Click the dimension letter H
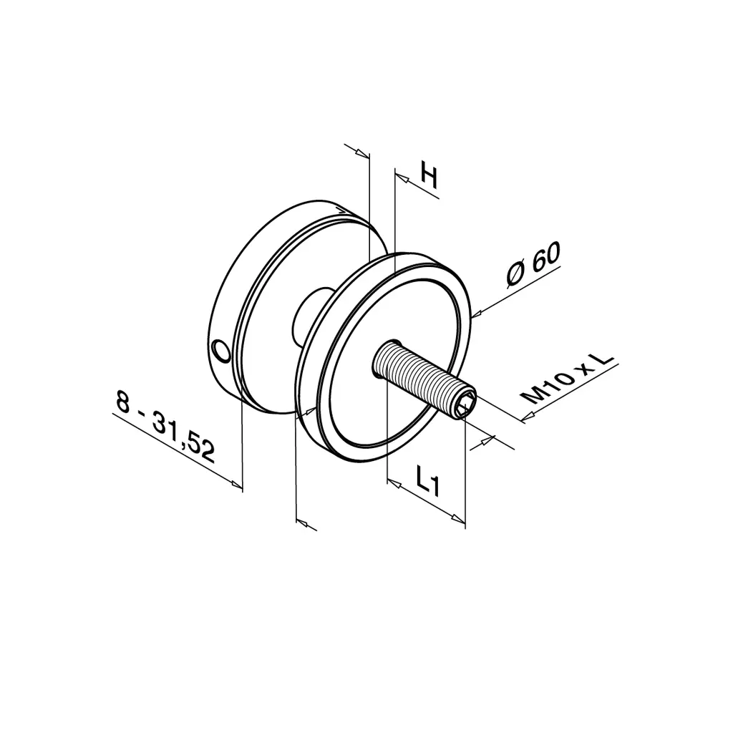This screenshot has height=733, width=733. (x=429, y=175)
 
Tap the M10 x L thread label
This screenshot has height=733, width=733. (x=568, y=378)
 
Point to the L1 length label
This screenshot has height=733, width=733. (x=427, y=480)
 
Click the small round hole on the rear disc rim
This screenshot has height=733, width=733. (x=220, y=351)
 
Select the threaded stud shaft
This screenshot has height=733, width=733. (x=423, y=378)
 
